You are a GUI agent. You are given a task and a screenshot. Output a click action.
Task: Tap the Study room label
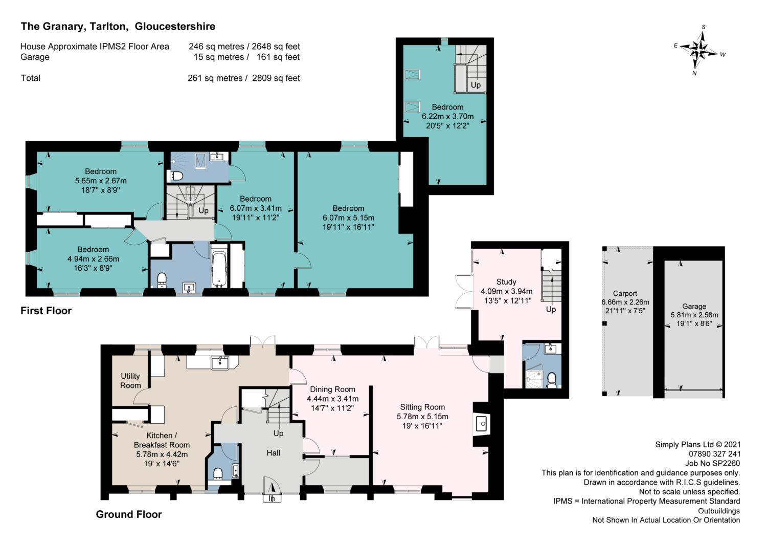[x=506, y=282]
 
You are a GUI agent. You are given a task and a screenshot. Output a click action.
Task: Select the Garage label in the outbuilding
[x=694, y=306]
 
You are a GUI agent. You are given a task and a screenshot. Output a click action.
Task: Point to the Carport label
[x=625, y=294]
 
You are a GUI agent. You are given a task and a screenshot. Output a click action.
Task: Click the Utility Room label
[x=130, y=381]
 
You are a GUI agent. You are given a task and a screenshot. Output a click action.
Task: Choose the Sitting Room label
[x=422, y=407]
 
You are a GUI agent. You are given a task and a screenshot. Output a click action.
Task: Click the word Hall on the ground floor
[x=273, y=453]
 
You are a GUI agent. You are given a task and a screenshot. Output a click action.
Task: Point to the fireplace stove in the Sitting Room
[x=481, y=424]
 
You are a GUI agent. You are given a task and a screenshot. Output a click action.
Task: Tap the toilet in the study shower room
[x=551, y=379]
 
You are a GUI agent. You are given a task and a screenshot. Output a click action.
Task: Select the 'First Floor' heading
[x=46, y=311]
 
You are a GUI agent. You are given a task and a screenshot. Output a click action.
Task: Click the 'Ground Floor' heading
[x=129, y=514]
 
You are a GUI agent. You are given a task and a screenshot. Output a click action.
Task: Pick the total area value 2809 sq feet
[x=276, y=78]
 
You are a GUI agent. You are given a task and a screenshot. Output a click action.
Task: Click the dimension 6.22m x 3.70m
[x=447, y=116]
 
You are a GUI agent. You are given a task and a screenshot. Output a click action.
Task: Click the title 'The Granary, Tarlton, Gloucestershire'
[x=118, y=27]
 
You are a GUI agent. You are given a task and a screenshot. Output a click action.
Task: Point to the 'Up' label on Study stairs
[x=551, y=310]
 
